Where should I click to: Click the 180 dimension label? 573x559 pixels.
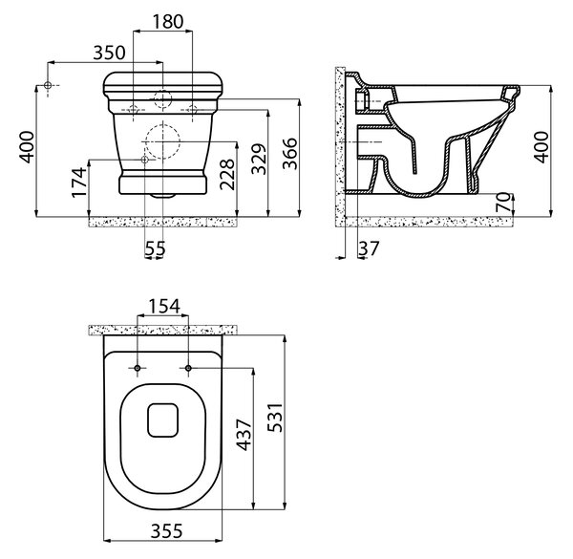pos(168,22)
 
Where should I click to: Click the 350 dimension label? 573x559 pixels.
pos(109,53)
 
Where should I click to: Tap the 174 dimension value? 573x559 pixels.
pos(79,183)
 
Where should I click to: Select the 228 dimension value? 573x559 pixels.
pos(227,175)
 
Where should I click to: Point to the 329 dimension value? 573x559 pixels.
pos(260,159)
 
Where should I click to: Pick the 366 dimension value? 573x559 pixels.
pos(290,154)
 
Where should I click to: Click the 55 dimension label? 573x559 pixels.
pos(155,248)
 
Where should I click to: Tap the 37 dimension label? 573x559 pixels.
pos(369,248)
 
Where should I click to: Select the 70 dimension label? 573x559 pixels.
pos(503,203)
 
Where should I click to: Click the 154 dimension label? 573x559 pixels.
pos(164,307)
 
